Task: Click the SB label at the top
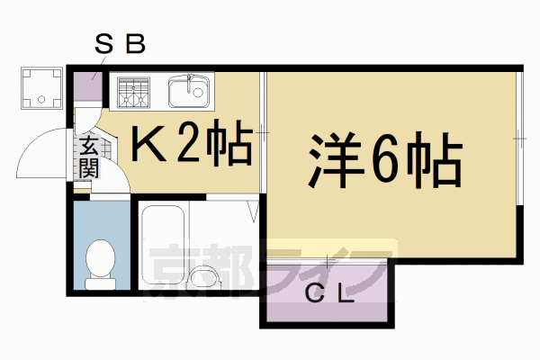[120, 43]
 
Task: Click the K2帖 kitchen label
[191, 143]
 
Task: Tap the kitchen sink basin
[188, 90]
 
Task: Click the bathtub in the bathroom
[163, 246]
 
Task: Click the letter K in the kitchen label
[148, 144]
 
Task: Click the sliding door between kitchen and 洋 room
[262, 135]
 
